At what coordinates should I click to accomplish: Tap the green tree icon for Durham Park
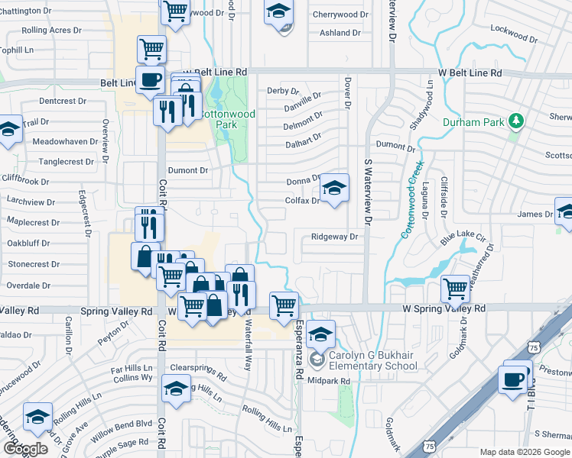point(517,121)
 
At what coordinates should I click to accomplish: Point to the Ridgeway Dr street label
point(334,237)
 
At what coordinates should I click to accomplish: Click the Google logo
point(24,449)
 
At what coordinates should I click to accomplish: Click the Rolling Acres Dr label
point(51,31)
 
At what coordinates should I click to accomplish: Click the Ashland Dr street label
point(340,33)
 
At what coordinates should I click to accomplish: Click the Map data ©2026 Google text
point(524,452)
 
